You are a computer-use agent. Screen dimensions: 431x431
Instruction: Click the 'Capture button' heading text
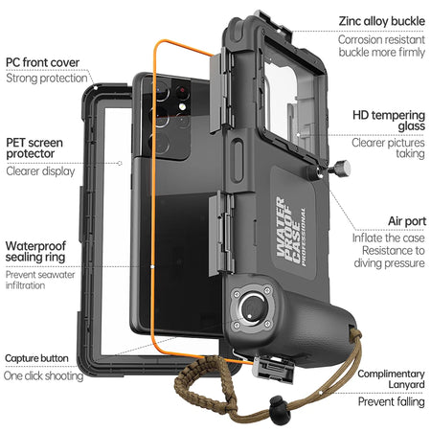click(35, 358)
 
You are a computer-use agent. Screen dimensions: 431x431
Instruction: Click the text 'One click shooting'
click(44, 376)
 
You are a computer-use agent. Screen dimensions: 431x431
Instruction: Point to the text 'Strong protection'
click(47, 79)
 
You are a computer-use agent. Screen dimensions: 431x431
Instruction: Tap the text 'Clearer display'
click(40, 172)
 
